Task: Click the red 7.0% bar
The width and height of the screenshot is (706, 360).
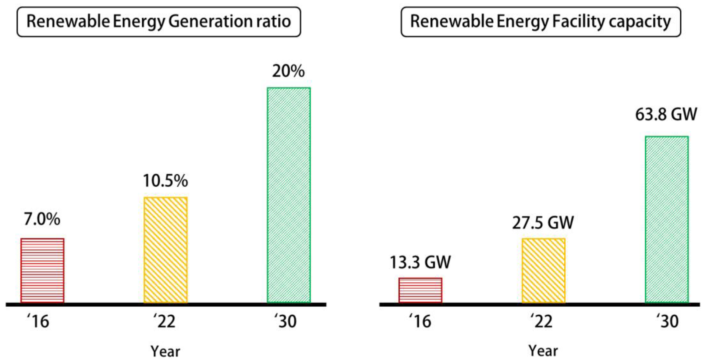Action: coord(42,270)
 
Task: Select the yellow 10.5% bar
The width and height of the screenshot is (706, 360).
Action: coord(165,250)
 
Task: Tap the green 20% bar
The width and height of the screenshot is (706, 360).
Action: coord(289,195)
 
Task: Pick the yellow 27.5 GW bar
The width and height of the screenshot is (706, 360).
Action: coord(544,270)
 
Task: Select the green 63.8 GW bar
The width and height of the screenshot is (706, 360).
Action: coord(667,219)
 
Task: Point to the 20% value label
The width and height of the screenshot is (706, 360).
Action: coord(288,71)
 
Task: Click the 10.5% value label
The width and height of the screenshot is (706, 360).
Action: coord(165,181)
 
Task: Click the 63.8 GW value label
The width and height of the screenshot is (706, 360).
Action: coord(666,114)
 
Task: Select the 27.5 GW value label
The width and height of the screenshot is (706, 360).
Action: coord(543,223)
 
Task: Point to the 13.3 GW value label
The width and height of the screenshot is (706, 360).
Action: coord(420,262)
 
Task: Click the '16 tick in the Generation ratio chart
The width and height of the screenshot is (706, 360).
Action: coord(38,321)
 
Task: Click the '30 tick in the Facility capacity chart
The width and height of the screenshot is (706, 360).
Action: coord(668,321)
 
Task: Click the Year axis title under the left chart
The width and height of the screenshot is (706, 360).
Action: coord(165,351)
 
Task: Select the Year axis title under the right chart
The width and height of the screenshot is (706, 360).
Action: coord(543,351)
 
